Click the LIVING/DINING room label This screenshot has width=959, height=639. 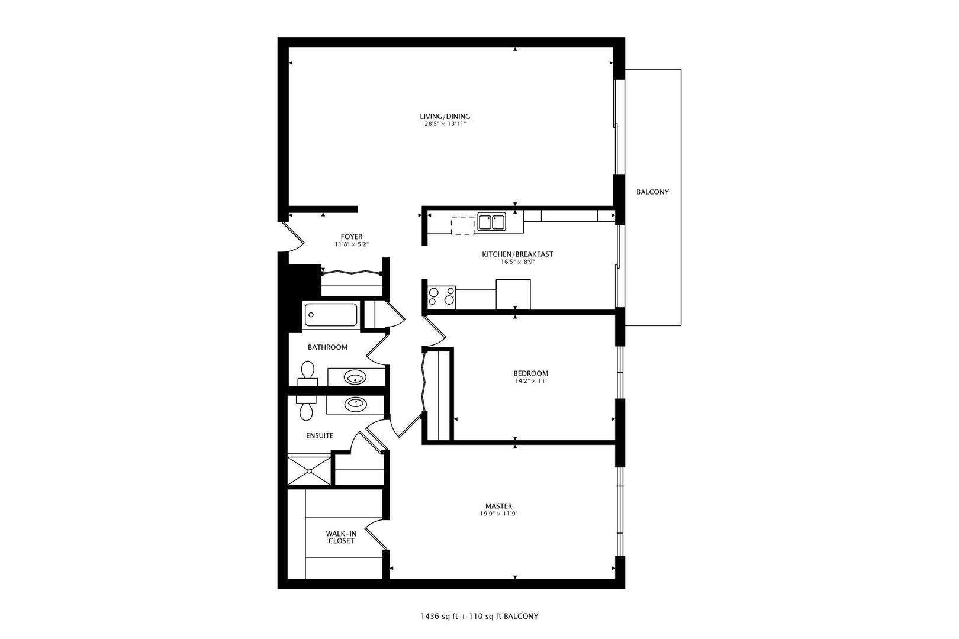pyautogui.click(x=445, y=116)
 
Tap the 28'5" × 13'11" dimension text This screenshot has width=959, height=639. pyautogui.click(x=445, y=124)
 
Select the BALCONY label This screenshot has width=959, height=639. pyautogui.click(x=652, y=192)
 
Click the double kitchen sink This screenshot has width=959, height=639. pyautogui.click(x=492, y=222)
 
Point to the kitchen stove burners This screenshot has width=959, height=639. pyautogui.click(x=442, y=296)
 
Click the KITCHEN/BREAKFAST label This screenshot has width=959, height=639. pyautogui.click(x=517, y=254)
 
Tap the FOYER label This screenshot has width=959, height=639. pyautogui.click(x=352, y=237)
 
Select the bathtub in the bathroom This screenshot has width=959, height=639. pyautogui.click(x=330, y=315)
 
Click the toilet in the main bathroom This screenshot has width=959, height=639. pyautogui.click(x=307, y=373)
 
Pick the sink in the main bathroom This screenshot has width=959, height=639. pyautogui.click(x=355, y=377)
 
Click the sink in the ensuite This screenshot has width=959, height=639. pyautogui.click(x=355, y=404)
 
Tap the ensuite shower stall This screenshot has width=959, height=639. pyautogui.click(x=310, y=470)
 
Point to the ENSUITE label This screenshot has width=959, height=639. pyautogui.click(x=320, y=435)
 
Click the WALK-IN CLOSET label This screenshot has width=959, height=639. pyautogui.click(x=342, y=537)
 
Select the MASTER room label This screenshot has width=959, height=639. pyautogui.click(x=498, y=506)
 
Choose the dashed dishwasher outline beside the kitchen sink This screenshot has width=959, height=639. pyautogui.click(x=463, y=225)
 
